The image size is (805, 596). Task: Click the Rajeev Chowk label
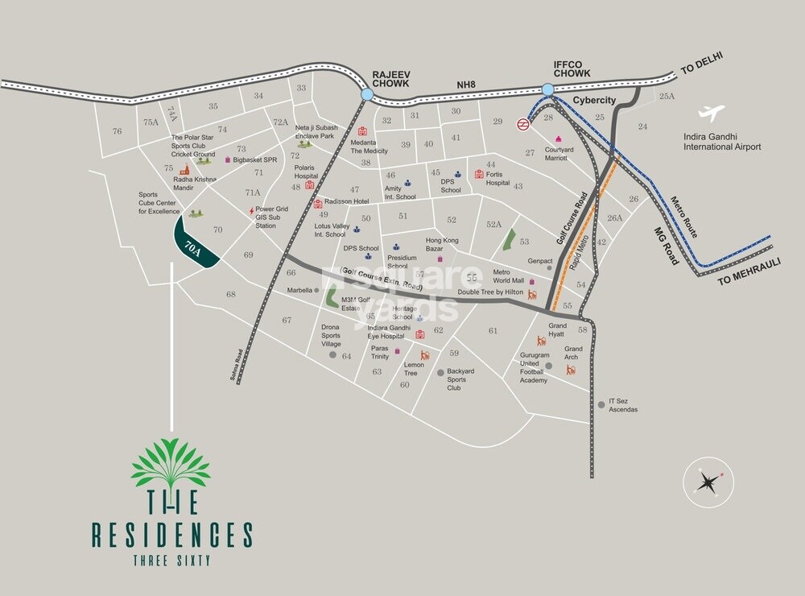pos(391,78)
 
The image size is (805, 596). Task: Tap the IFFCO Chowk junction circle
pos(548,89)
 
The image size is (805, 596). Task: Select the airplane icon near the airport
pos(712,114)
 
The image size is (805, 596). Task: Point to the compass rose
pos(708,482)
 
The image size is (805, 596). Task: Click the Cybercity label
pos(594,100)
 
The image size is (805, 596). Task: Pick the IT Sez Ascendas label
pos(623,405)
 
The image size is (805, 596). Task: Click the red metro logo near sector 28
pos(524,124)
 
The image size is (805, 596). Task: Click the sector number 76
pos(118,131)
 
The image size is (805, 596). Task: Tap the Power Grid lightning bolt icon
pos(251,211)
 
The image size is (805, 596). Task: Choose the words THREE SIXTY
pos(171,561)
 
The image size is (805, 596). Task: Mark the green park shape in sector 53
pos(508,239)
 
